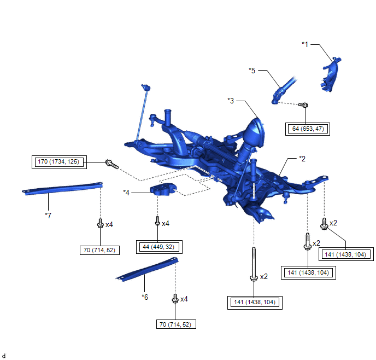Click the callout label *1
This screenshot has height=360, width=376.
(305, 43)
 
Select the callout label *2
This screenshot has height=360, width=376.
(302, 159)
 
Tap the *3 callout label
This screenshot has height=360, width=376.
(231, 101)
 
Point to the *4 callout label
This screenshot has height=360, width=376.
(127, 193)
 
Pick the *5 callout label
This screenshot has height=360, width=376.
(252, 70)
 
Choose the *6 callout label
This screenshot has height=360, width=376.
(145, 297)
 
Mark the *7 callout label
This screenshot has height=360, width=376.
(48, 215)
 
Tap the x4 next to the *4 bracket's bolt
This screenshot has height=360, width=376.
(166, 224)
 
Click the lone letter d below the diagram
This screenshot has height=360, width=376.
(4, 356)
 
